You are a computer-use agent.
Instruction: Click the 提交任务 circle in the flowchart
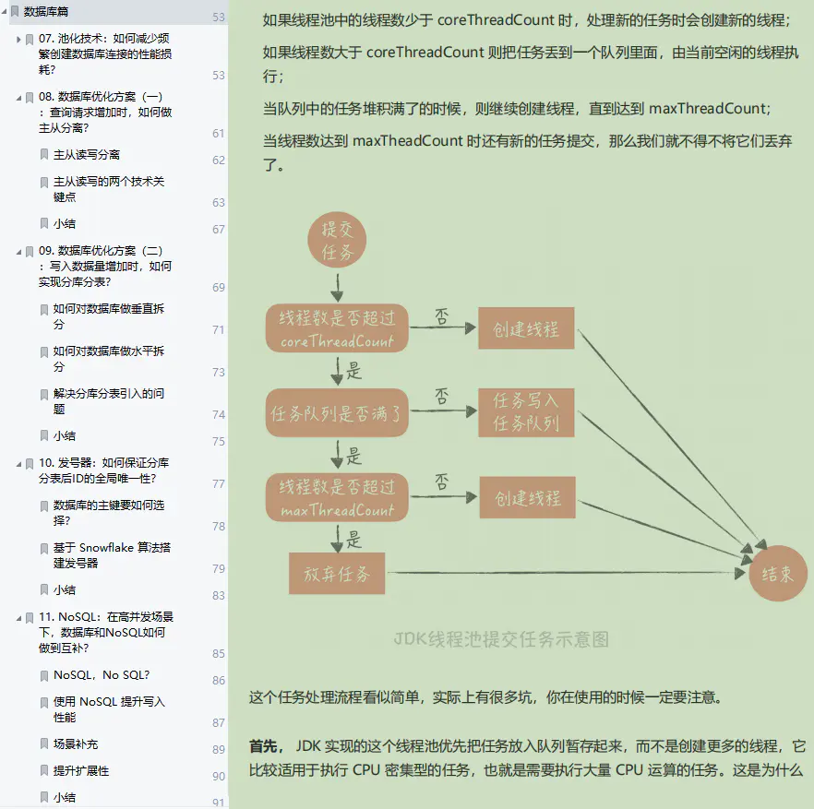[x=338, y=240]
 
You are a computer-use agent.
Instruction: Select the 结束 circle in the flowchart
[x=777, y=573]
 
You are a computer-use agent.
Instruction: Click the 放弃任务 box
[x=337, y=575]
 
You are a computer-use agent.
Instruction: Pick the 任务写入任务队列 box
[x=526, y=412]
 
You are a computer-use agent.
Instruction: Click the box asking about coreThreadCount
[x=337, y=329]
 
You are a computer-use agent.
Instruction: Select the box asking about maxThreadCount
[x=337, y=498]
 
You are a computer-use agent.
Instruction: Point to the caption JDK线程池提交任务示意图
[x=501, y=639]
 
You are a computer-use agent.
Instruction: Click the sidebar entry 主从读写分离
[x=87, y=155]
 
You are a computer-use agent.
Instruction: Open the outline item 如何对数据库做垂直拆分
[x=108, y=316]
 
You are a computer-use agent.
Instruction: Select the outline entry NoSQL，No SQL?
[x=102, y=675]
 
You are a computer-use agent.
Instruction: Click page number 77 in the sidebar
[x=219, y=483]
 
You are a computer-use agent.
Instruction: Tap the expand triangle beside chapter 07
[x=19, y=40]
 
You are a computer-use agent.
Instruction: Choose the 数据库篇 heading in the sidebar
[x=51, y=12]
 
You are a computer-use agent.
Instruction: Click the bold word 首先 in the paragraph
[x=263, y=745]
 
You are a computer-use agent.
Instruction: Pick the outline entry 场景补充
[x=76, y=744]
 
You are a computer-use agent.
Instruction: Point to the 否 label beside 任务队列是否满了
[x=442, y=397]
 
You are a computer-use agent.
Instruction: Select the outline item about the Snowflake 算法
[x=112, y=554]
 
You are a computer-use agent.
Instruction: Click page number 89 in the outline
[x=219, y=750]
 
